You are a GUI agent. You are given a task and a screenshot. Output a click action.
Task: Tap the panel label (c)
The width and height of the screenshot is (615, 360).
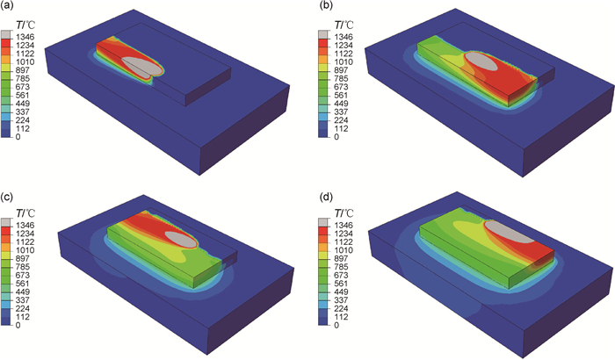click(7, 198)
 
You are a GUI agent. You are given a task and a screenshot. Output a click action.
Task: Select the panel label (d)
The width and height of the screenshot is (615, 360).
click(326, 198)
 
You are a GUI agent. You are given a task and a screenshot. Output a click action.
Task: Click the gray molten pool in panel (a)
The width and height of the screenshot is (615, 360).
click(142, 66)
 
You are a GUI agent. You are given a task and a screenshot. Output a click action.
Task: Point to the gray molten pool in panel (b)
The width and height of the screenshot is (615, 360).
click(481, 61)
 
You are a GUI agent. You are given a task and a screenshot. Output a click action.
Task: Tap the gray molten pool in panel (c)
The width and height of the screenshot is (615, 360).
click(180, 239)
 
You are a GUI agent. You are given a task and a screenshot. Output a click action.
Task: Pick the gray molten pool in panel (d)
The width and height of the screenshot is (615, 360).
click(510, 232)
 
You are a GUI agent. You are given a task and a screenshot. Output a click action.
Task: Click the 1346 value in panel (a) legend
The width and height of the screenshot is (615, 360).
click(25, 37)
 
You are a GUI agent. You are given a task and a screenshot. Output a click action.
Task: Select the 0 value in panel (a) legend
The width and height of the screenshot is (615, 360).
click(18, 137)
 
